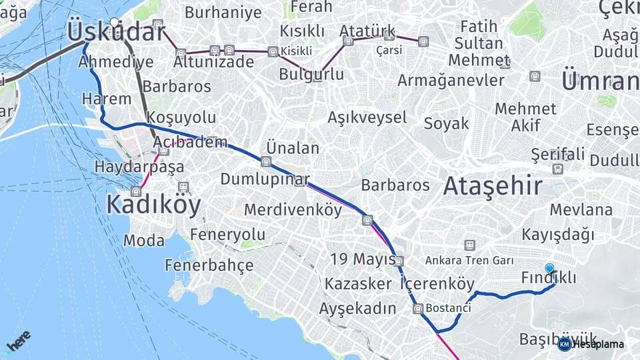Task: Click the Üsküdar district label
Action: (116, 32)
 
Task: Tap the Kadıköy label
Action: (153, 205)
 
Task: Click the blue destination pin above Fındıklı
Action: (549, 269)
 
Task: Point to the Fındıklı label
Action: (549, 278)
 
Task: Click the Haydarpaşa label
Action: (139, 167)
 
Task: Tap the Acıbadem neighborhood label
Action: (190, 143)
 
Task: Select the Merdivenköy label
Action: (293, 209)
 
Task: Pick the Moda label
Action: (144, 241)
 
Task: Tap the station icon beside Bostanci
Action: (418, 308)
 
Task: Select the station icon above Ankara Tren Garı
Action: (470, 245)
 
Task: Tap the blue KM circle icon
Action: (565, 344)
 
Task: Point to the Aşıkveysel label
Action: (367, 118)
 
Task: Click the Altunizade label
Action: (213, 62)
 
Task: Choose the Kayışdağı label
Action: (558, 235)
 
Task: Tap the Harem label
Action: (107, 99)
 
